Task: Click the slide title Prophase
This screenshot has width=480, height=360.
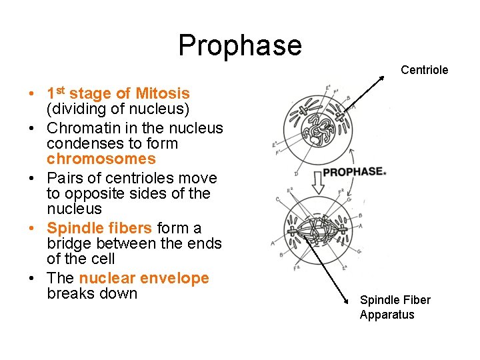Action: pyautogui.click(x=240, y=45)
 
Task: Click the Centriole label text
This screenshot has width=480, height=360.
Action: pyautogui.click(x=424, y=70)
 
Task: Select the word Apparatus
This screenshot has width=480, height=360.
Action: pyautogui.click(x=387, y=315)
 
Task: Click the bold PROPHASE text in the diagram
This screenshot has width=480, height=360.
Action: pyautogui.click(x=354, y=172)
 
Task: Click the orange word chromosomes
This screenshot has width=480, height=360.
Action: pyautogui.click(x=101, y=159)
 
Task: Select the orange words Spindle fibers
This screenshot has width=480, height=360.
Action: pyautogui.click(x=99, y=228)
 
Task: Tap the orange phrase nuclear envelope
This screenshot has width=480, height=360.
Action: pyautogui.click(x=144, y=278)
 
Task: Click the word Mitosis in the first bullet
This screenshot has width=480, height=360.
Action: pyautogui.click(x=163, y=94)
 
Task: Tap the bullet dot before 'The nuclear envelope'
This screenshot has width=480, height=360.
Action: pyautogui.click(x=32, y=279)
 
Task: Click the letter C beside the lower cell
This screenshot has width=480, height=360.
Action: pyautogui.click(x=277, y=198)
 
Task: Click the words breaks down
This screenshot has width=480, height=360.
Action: pyautogui.click(x=92, y=293)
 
